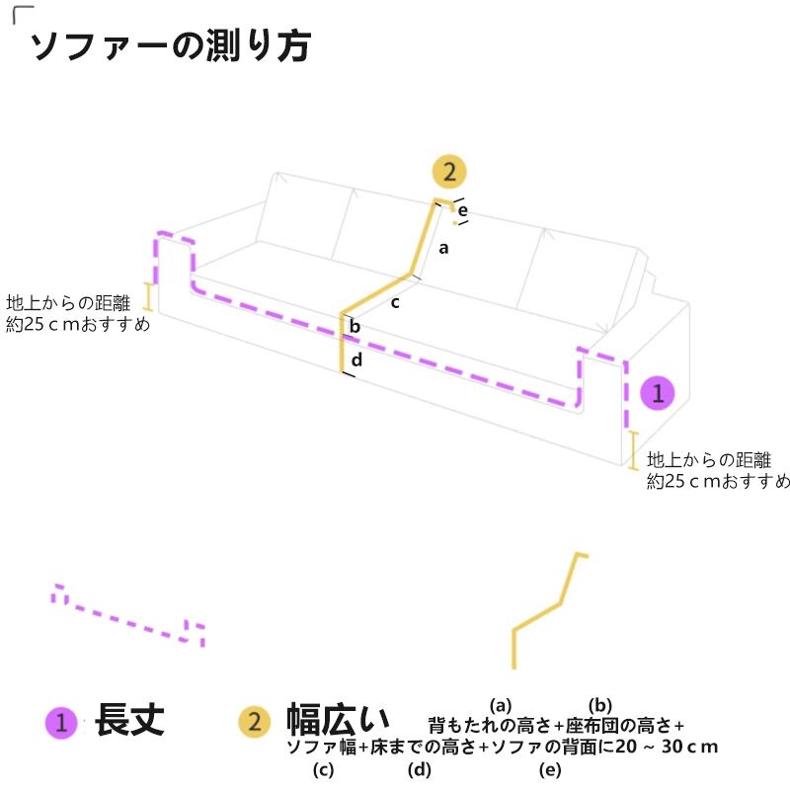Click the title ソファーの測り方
tap(170, 45)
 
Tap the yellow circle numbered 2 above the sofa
tap(449, 173)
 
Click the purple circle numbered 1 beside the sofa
tap(658, 393)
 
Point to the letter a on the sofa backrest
tap(444, 248)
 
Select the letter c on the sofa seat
tap(395, 302)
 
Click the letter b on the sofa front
tap(355, 328)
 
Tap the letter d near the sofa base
tap(356, 359)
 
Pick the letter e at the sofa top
tap(461, 210)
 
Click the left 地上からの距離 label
tap(68, 302)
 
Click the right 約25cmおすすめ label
tap(718, 482)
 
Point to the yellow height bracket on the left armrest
tap(149, 296)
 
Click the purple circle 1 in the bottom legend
tap(61, 723)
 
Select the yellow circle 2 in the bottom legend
tap(255, 723)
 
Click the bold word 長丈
tap(129, 721)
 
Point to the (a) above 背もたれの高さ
tap(501, 705)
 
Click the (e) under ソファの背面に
tap(550, 769)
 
